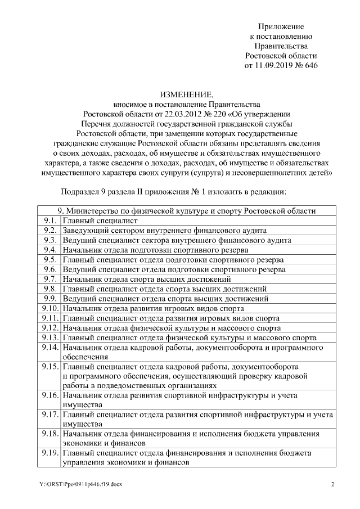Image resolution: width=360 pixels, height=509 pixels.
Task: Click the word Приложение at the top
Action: [281, 26]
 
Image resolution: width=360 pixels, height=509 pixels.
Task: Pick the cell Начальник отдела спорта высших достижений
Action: [147, 279]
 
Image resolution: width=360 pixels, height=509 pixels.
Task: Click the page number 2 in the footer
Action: [332, 484]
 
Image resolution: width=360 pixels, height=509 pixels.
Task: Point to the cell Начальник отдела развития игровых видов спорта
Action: [153, 308]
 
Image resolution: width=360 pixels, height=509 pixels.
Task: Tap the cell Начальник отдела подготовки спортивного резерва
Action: [155, 250]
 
